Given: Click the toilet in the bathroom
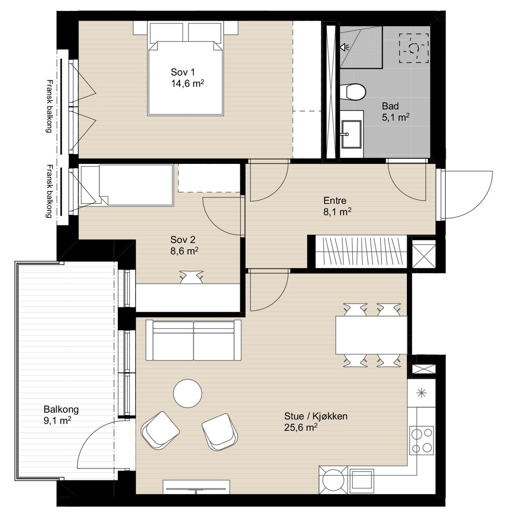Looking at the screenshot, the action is pos(353,92).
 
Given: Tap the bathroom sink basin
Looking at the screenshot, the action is pos(352,134).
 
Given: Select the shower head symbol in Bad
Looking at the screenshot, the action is pos(344,47).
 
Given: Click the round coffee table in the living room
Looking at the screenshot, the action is pos(187,393).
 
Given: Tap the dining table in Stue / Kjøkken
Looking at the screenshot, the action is pos(371,335).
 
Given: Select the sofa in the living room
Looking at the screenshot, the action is pos(193,340).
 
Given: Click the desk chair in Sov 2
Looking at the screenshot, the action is pos(191,277).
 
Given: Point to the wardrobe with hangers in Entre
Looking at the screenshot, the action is pos(361,251).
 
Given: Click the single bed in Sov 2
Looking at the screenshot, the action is pos(127,185).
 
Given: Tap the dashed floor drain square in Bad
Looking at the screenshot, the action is pos(414,48).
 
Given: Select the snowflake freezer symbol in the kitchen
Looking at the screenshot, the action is pos(421,393).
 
